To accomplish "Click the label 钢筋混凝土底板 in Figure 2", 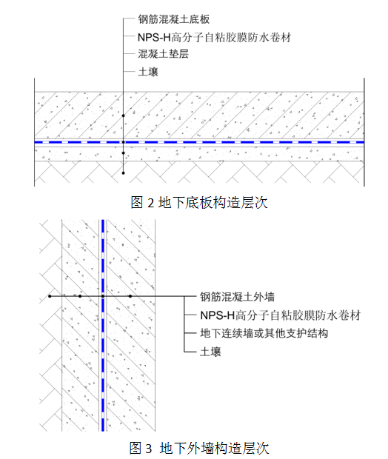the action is (174, 19).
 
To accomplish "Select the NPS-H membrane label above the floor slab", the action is (214, 38).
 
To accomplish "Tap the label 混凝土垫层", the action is (164, 54).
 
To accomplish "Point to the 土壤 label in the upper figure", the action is (148, 72).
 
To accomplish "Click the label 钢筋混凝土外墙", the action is (238, 297).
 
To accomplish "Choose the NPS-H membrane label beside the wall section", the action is (280, 315).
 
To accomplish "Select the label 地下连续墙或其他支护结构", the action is (264, 333).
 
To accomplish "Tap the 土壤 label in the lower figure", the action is (210, 352).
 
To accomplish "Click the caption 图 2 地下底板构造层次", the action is (199, 203).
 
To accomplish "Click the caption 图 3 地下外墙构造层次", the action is (199, 449).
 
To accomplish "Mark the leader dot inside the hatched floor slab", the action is (123, 116).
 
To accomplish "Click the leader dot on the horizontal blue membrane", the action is (123, 142).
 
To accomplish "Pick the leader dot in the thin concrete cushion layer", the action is (123, 153).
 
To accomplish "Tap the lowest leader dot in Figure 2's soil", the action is (123, 173).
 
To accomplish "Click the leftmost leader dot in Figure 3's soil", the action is (50, 296).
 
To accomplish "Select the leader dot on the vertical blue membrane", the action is (103, 296).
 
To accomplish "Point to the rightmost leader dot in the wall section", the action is (130, 296).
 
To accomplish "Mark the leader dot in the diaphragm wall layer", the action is (80, 296).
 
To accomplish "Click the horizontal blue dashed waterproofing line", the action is (199, 142).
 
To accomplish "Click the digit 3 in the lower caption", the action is (149, 449).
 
